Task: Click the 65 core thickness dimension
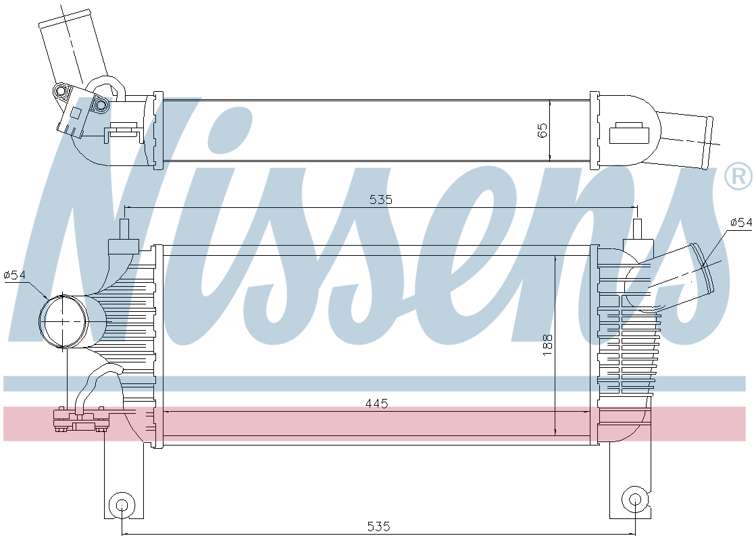543,130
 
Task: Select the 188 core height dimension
548,345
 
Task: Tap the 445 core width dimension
376,403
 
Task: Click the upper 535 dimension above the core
381,199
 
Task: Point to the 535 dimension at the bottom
378,526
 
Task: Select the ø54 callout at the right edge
742,222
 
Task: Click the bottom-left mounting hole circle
122,505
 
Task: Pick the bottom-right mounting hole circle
635,500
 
